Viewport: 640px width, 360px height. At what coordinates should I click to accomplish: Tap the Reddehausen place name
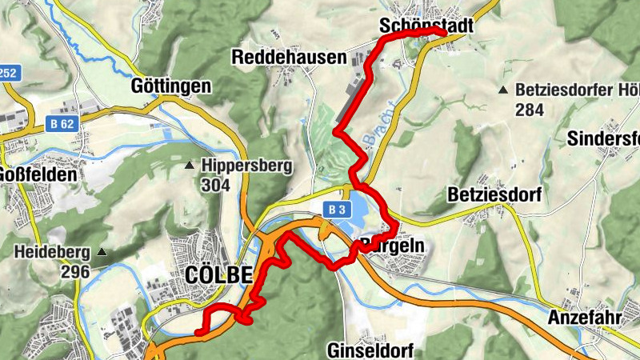pyautogui.click(x=289, y=57)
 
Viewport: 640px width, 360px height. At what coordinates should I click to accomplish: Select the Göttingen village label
pyautogui.click(x=173, y=86)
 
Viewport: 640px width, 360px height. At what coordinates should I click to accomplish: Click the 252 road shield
pyautogui.click(x=8, y=73)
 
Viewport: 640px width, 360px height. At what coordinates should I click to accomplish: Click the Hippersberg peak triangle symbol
pyautogui.click(x=190, y=166)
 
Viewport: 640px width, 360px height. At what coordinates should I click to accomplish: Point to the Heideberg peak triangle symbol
pyautogui.click(x=102, y=252)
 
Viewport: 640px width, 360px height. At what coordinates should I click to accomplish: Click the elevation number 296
pyautogui.click(x=74, y=271)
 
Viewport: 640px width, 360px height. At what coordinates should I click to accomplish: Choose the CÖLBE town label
pyautogui.click(x=218, y=274)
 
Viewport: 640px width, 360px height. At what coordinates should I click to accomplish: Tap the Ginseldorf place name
pyautogui.click(x=368, y=350)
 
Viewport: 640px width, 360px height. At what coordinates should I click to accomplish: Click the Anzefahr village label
pyautogui.click(x=585, y=318)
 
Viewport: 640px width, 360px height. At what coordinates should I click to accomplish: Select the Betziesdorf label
pyautogui.click(x=495, y=194)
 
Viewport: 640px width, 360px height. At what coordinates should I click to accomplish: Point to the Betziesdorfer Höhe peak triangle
pyautogui.click(x=503, y=90)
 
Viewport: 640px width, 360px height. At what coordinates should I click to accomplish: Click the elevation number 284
pyautogui.click(x=530, y=109)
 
